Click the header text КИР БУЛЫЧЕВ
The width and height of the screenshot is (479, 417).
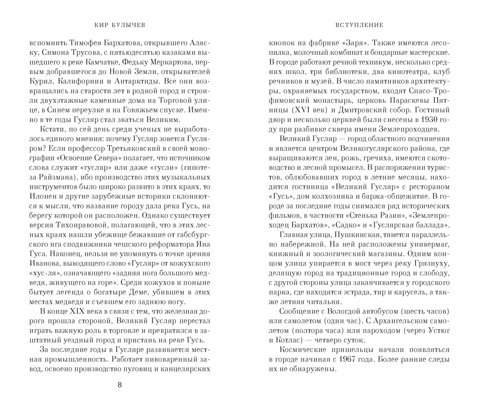pos(120,25)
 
